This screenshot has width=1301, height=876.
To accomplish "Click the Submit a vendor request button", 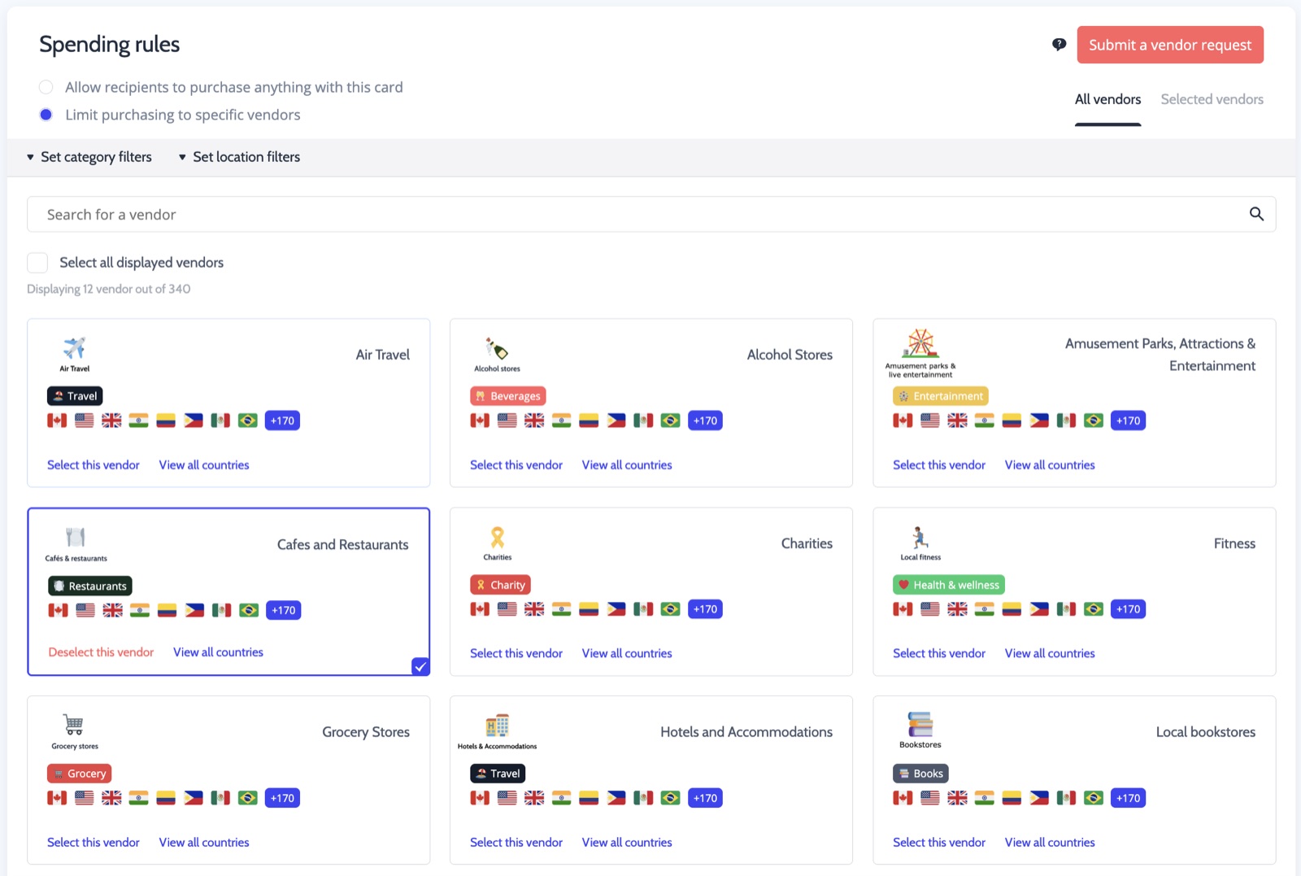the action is pyautogui.click(x=1170, y=45).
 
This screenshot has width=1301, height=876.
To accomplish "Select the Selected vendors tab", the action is pyautogui.click(x=1212, y=99).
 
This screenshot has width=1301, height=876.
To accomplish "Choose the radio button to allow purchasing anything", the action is pyautogui.click(x=46, y=87).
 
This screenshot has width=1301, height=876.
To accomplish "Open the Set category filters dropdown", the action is pyautogui.click(x=89, y=157).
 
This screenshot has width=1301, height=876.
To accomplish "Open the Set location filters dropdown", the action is pyautogui.click(x=239, y=157).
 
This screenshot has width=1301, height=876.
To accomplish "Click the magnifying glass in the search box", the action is pyautogui.click(x=1256, y=215).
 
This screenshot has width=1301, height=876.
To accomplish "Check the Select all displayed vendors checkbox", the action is pyautogui.click(x=37, y=263).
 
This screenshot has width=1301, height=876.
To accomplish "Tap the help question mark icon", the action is pyautogui.click(x=1059, y=45).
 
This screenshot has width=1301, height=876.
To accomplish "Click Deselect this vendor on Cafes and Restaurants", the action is pyautogui.click(x=101, y=652).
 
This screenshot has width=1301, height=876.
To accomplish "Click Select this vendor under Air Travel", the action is pyautogui.click(x=94, y=464).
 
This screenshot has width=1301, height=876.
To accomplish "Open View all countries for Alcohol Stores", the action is pyautogui.click(x=627, y=464).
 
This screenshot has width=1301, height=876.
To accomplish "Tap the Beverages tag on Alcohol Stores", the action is pyautogui.click(x=507, y=395).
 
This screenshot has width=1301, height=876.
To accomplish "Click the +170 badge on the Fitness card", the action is pyautogui.click(x=1128, y=608).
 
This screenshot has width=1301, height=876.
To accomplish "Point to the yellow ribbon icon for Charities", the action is pyautogui.click(x=497, y=538).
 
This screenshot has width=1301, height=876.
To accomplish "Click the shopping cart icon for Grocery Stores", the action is pyautogui.click(x=74, y=725).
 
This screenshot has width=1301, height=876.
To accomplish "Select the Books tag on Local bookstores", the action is pyautogui.click(x=920, y=774).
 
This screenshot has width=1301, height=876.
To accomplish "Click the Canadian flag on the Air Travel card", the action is pyautogui.click(x=57, y=421).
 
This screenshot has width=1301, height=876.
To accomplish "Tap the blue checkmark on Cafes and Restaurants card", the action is pyautogui.click(x=420, y=666).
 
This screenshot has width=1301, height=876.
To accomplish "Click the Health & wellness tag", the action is pyautogui.click(x=948, y=584).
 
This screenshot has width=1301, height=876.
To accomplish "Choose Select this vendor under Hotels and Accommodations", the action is pyautogui.click(x=516, y=843).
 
